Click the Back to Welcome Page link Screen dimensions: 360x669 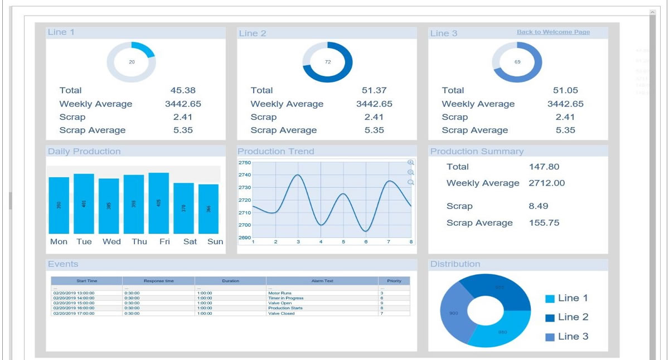pos(553,32)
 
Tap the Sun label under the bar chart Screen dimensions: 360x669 pos(215,242)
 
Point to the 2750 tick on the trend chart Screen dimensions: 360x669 pos(245,163)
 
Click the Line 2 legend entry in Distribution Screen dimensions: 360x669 pos(573,317)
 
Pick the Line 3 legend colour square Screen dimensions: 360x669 pos(550,337)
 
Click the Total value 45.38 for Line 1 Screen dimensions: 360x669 pos(183,90)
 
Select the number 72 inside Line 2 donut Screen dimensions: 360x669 pos(328,62)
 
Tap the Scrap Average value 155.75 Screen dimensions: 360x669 pos(544,223)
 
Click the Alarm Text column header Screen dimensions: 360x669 pos(322,281)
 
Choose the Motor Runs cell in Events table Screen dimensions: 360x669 pos(280,293)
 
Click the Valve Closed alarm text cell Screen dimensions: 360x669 pos(281,314)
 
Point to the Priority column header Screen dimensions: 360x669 pos(394,281)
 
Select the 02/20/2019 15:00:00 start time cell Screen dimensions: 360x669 pos(74,303)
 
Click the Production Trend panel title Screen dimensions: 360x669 pos(275,152)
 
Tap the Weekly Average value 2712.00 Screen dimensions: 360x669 pos(546,183)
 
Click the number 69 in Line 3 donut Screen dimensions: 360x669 pos(517,62)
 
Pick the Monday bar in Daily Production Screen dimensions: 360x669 pos(59,205)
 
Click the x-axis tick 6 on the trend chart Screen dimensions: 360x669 pos(366,242)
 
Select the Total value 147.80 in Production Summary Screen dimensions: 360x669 pos(544,167)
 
